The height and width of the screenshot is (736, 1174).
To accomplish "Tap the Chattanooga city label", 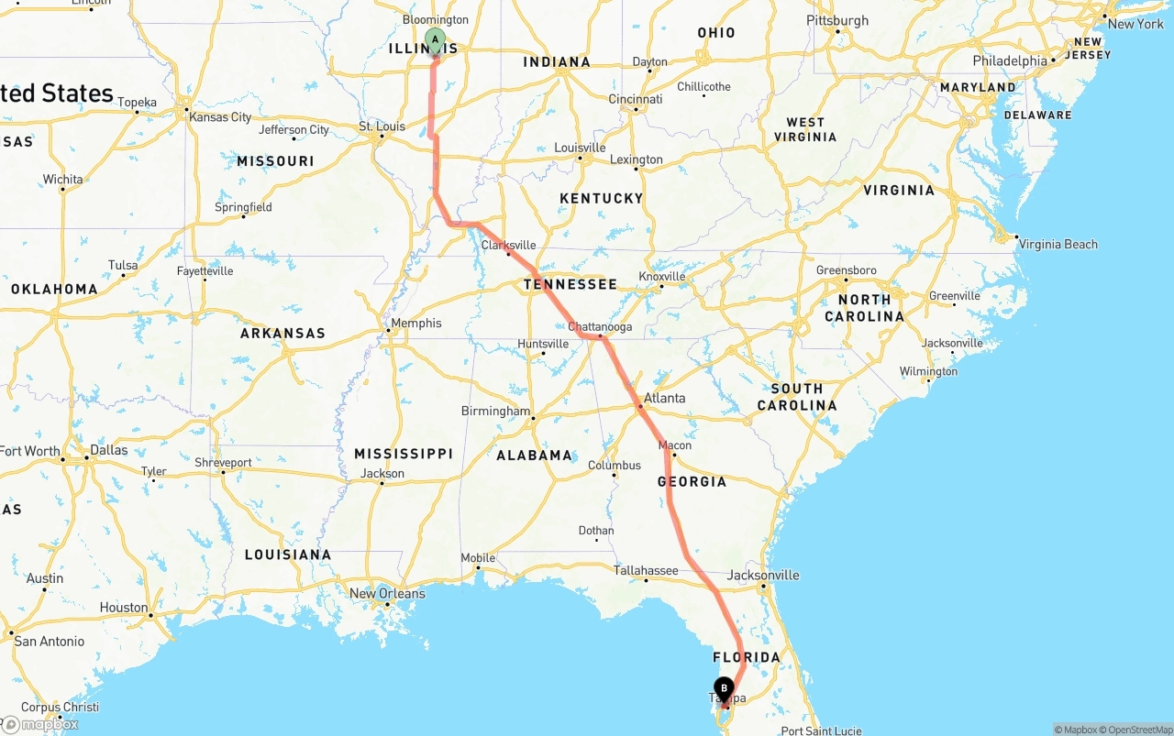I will [600, 327].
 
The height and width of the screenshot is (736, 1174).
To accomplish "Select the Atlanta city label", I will [664, 398].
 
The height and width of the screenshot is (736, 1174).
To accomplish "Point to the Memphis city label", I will [415, 324].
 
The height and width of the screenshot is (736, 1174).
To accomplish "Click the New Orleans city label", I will [387, 593].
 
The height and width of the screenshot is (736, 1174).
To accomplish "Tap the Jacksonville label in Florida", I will [763, 576].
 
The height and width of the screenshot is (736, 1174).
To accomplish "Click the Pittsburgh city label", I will [837, 20].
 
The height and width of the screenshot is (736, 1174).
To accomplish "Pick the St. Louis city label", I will [382, 126].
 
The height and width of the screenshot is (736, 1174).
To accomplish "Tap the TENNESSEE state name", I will [570, 284].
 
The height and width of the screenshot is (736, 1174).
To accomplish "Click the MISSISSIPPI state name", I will [404, 454].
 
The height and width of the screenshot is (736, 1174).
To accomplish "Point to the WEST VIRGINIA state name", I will [805, 129].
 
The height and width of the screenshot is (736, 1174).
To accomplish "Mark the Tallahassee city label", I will [646, 570].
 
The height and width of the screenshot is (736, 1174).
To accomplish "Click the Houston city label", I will [124, 608].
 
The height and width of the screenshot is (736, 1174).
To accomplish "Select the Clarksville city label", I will [508, 245].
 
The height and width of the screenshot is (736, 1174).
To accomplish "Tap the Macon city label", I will [675, 445].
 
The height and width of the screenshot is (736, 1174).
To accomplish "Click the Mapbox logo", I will [40, 724].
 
